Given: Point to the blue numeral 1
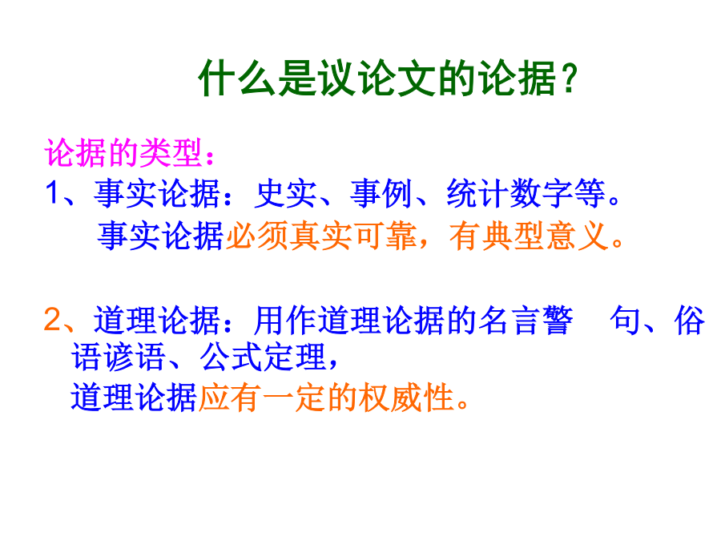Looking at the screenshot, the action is click(x=52, y=192).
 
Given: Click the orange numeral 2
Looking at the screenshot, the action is click(x=52, y=319).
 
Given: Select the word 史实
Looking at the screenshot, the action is click(x=285, y=193).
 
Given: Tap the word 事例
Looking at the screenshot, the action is click(x=381, y=193).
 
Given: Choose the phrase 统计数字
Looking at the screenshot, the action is click(x=510, y=193).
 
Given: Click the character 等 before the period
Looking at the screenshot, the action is click(x=590, y=193).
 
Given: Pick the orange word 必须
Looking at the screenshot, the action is click(x=257, y=236).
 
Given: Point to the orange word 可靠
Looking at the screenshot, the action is click(x=385, y=236).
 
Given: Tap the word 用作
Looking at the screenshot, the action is click(x=285, y=320).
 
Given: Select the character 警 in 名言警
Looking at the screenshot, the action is click(x=558, y=320).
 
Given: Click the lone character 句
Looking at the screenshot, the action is click(x=626, y=320).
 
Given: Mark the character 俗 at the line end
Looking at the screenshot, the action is click(x=689, y=320).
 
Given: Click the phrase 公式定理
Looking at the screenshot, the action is click(x=263, y=357).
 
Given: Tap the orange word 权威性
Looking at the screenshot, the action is click(x=407, y=398).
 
